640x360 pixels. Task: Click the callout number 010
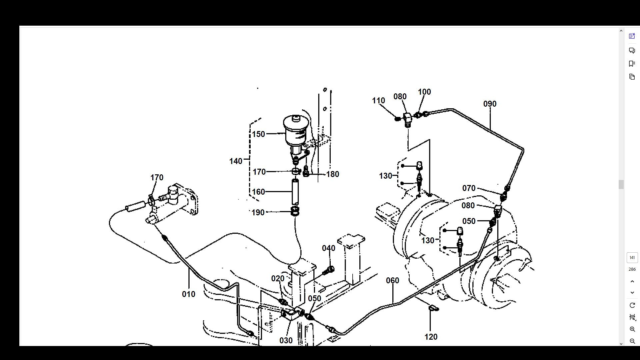coord(188,294)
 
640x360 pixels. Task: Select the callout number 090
coord(490,104)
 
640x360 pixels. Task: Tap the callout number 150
coord(258,134)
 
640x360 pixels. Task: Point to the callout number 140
coord(236,161)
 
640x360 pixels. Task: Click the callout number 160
coord(258,192)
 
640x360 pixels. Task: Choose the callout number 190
coord(258,213)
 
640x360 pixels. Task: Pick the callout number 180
coord(332,174)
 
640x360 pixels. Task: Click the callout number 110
coord(378,101)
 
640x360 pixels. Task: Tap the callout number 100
coord(424,92)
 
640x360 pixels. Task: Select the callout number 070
coord(469,188)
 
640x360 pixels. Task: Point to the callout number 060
coord(392,281)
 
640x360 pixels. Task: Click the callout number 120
coord(431,337)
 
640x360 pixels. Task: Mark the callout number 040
coord(328,248)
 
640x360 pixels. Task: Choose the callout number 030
coord(286,341)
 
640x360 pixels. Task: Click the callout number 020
coord(278,279)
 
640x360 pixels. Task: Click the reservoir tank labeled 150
coord(295,132)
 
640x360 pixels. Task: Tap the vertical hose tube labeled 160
coord(295,192)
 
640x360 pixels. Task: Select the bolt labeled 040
coord(330,270)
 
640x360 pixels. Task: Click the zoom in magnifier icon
coord(632,329)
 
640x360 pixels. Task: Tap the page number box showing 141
coord(632,258)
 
